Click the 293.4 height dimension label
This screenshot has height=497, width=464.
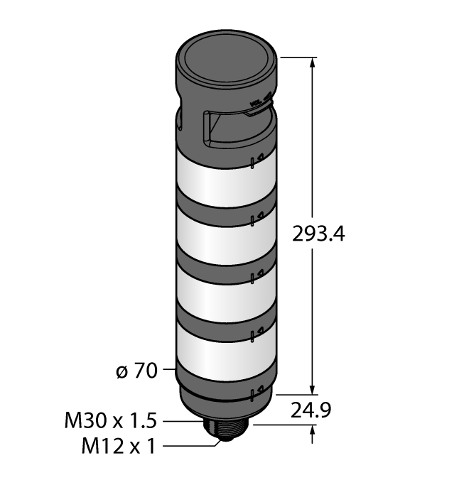(318, 234)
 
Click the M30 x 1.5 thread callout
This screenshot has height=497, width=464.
(109, 422)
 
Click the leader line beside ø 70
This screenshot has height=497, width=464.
(168, 370)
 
